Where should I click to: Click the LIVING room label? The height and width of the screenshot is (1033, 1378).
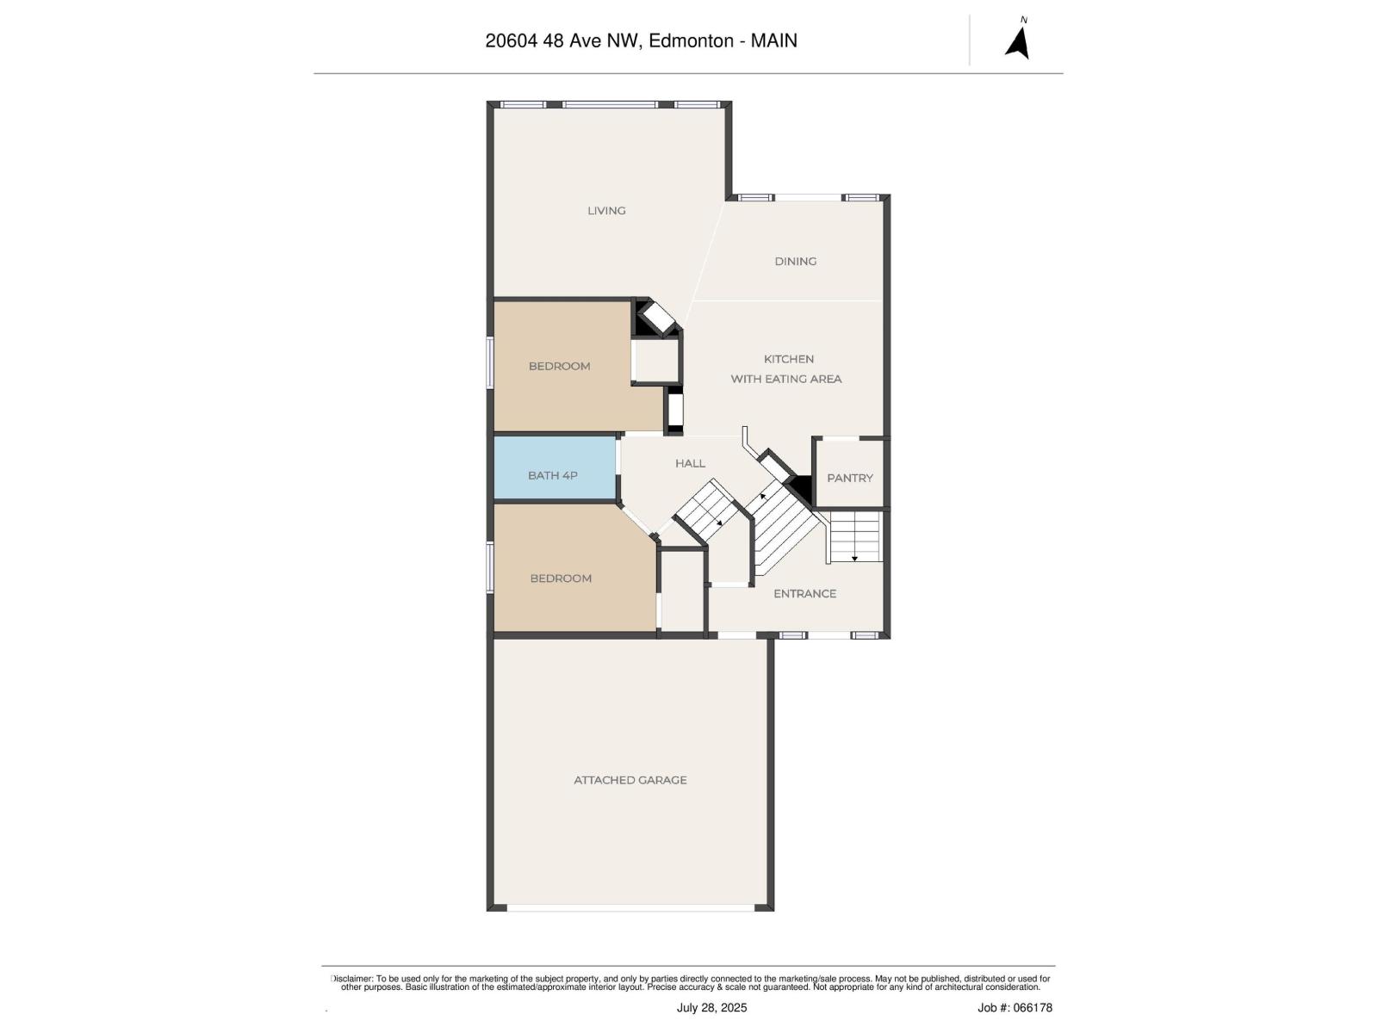[x=606, y=210]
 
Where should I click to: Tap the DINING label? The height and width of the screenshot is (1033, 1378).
[x=795, y=261]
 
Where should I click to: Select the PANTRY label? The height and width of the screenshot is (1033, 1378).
[x=849, y=478]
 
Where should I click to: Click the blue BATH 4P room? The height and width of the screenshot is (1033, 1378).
[x=553, y=474]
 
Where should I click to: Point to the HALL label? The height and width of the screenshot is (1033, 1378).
[x=690, y=463]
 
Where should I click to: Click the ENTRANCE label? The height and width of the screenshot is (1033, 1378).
[x=804, y=593]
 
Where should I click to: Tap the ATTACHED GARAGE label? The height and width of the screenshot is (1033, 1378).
[x=630, y=780]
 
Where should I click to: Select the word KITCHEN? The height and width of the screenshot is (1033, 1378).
[x=789, y=359]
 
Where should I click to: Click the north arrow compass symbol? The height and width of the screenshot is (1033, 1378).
[x=1018, y=40]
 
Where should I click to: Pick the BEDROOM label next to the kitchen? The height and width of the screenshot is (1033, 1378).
[x=559, y=366]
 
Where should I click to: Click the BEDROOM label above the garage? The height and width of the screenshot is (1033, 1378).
[x=561, y=578]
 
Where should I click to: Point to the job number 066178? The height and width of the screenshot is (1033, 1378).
[x=1032, y=1007]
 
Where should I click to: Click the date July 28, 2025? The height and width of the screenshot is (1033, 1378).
[x=711, y=1007]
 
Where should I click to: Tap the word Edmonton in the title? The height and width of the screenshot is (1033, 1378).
[x=691, y=40]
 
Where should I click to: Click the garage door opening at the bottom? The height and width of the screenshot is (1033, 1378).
[x=630, y=907]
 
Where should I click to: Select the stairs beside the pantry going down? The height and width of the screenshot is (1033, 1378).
[x=855, y=538]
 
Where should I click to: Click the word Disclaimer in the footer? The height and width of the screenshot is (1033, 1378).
[x=352, y=979]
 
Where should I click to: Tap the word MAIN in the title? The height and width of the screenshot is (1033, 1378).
[x=774, y=40]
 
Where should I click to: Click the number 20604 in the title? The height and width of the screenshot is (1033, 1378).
[x=511, y=40]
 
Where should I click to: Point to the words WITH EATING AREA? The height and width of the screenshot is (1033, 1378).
[x=786, y=379]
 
